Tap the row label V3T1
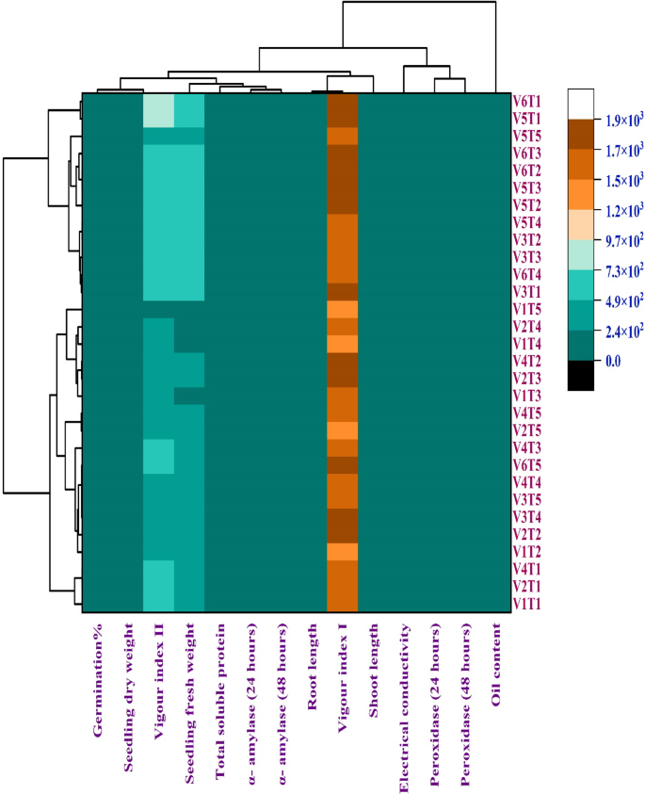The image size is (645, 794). point(527,291)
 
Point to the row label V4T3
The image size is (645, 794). point(527,447)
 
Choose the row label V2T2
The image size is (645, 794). point(527,534)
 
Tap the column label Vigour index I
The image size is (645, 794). point(343,670)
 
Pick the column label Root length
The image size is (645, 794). point(312,659)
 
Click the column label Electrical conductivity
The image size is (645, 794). point(403,698)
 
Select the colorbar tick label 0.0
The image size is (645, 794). point(609,360)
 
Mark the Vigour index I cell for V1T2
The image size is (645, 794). point(343,551)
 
